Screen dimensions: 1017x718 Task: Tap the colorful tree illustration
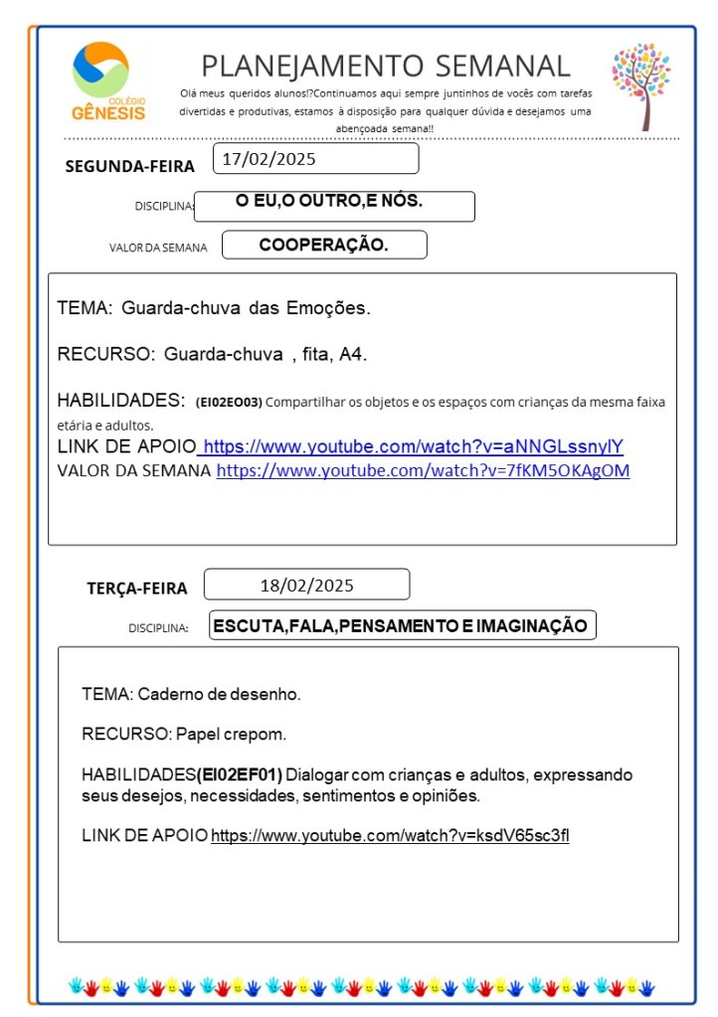tap(640, 85)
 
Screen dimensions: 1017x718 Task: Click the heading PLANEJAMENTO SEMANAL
tap(386, 67)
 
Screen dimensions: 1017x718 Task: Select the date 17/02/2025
tap(269, 158)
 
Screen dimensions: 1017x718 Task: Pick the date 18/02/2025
tap(306, 585)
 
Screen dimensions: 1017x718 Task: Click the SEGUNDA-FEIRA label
tap(129, 166)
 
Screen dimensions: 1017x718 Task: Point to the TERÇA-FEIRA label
tap(136, 589)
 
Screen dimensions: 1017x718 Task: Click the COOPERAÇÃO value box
tap(324, 245)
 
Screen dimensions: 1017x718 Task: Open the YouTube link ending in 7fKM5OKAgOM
tap(423, 470)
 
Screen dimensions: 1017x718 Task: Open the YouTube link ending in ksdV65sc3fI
tap(390, 835)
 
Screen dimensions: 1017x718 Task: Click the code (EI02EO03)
tap(229, 403)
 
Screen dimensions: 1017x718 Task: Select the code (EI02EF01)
tap(240, 774)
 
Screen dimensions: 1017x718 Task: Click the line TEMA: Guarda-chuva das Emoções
tap(214, 308)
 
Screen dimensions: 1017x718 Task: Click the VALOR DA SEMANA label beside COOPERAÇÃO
tap(158, 248)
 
